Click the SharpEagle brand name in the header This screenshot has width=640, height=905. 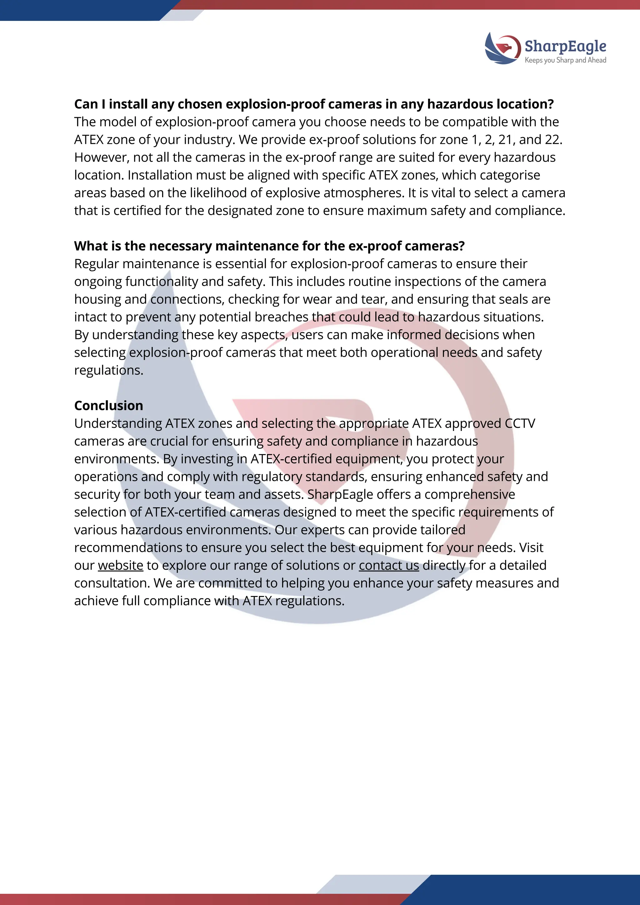(565, 46)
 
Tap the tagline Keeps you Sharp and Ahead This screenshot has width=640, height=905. (565, 60)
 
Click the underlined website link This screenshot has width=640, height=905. (121, 565)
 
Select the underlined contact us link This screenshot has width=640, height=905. (388, 565)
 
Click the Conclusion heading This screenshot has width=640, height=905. (108, 406)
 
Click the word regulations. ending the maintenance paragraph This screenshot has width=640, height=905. (108, 370)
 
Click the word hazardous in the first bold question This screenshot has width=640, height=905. (460, 104)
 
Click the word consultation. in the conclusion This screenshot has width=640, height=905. (112, 583)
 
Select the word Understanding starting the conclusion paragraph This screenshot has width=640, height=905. (118, 423)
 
